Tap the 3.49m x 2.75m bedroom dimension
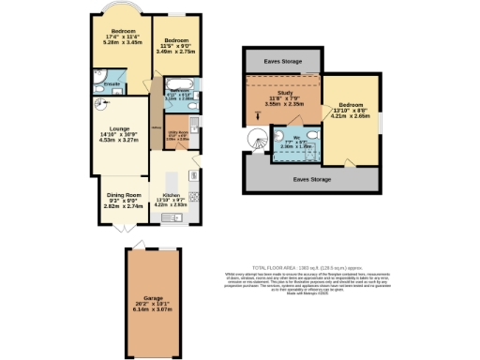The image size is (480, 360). point(176,52)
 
